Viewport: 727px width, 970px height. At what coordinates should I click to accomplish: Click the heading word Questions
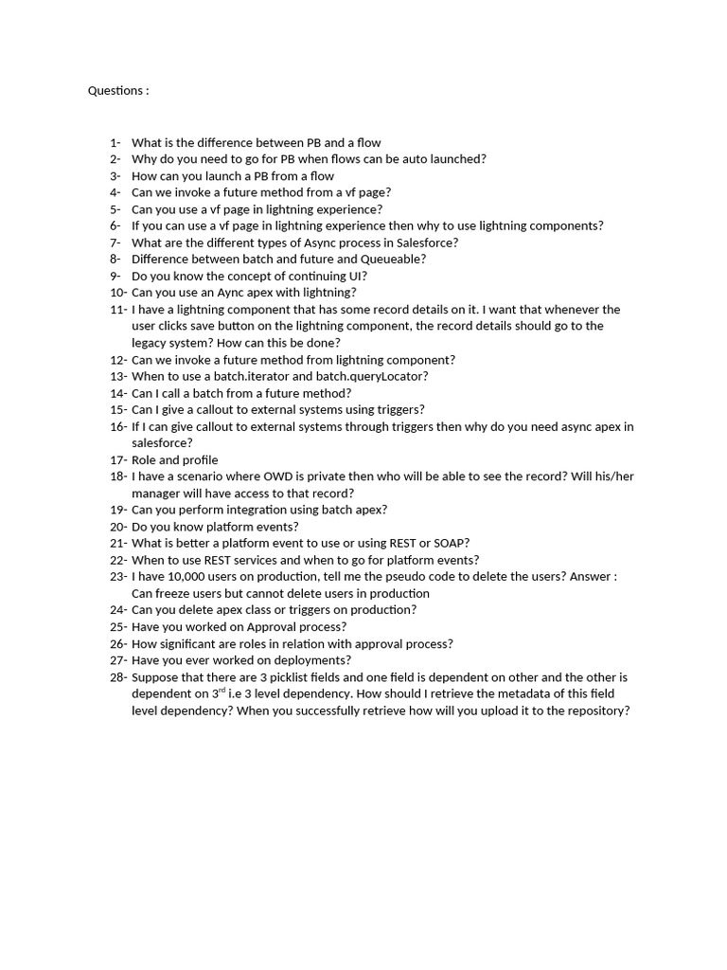click(115, 91)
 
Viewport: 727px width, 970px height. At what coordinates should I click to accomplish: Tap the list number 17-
click(118, 460)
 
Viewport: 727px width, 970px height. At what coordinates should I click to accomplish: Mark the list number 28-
click(118, 677)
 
